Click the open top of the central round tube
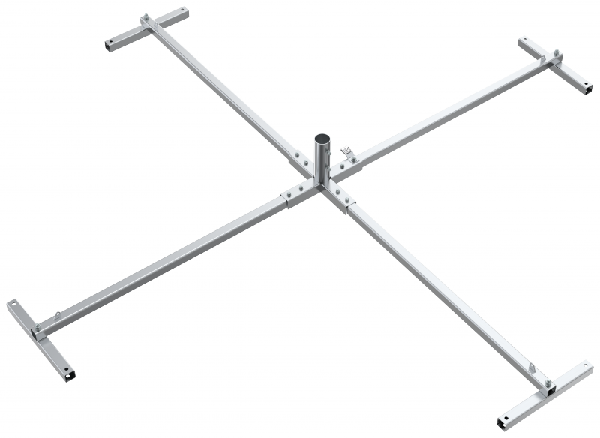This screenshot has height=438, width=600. [321, 139]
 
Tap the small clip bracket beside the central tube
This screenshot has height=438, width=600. [346, 153]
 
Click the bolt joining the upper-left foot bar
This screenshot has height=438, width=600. [145, 19]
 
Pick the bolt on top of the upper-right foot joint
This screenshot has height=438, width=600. [556, 53]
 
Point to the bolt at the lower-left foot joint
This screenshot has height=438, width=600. [34, 327]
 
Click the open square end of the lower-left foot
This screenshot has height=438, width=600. [70, 372]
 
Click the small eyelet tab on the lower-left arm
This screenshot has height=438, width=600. [58, 315]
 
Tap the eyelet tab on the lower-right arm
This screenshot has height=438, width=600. [532, 368]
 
